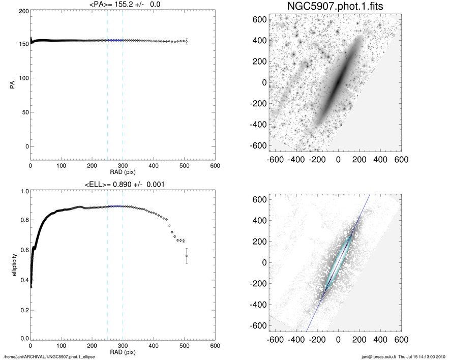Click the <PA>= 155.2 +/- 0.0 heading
(x=123, y=5)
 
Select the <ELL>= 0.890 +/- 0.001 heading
(x=123, y=184)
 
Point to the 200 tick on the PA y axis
(x=22, y=10)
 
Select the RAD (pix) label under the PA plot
(x=123, y=172)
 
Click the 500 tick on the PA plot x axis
(x=184, y=166)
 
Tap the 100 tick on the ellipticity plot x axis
(x=61, y=346)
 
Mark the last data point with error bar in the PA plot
(x=187, y=41)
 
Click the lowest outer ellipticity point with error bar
(x=187, y=256)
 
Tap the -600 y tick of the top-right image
(x=258, y=145)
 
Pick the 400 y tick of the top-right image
(x=260, y=40)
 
